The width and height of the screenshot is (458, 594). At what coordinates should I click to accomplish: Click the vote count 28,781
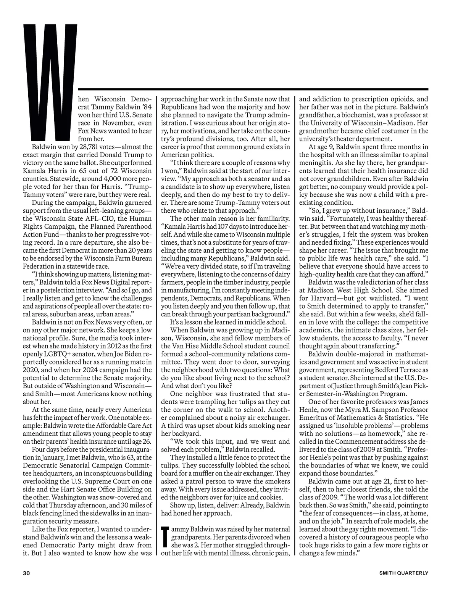[x=79, y=147]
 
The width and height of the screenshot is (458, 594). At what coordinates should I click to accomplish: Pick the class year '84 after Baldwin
[x=145, y=107]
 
